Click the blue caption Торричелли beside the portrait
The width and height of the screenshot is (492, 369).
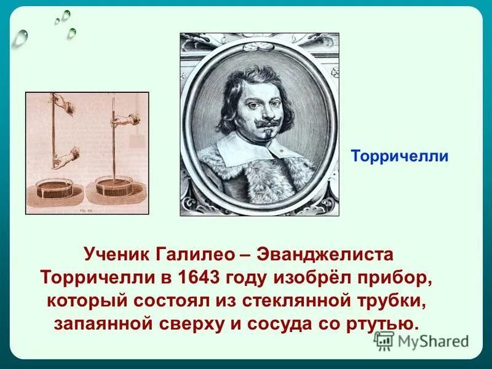(399, 156)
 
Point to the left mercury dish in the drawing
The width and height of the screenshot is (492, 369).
(55, 187)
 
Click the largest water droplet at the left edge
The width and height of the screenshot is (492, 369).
(21, 38)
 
